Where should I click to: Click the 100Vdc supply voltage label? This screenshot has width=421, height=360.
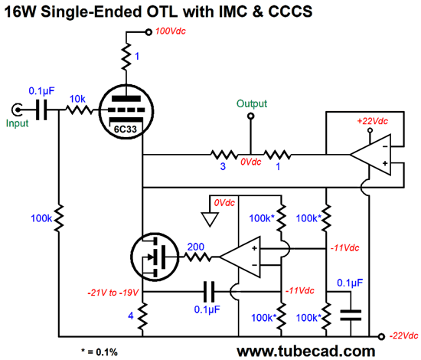pyautogui.click(x=171, y=31)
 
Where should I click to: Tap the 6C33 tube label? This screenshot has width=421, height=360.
pyautogui.click(x=126, y=129)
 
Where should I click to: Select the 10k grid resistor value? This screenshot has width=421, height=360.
pyautogui.click(x=77, y=99)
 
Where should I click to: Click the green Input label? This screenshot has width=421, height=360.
pyautogui.click(x=17, y=123)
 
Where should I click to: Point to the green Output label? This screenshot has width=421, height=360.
pyautogui.click(x=252, y=103)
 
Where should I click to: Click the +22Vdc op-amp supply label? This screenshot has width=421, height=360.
pyautogui.click(x=373, y=121)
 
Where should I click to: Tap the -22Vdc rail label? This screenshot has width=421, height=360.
pyautogui.click(x=403, y=335)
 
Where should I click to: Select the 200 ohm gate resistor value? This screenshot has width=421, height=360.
pyautogui.click(x=195, y=247)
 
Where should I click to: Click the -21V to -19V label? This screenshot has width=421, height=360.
pyautogui.click(x=113, y=293)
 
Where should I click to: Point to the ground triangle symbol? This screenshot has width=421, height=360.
pyautogui.click(x=210, y=219)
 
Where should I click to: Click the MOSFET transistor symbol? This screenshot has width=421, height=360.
pyautogui.click(x=155, y=257)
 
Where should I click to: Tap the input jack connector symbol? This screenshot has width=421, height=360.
pyautogui.click(x=17, y=110)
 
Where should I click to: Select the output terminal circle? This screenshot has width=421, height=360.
pyautogui.click(x=251, y=116)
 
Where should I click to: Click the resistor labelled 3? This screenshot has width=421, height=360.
pyautogui.click(x=224, y=155)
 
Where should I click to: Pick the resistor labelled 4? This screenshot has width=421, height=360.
pyautogui.click(x=142, y=316)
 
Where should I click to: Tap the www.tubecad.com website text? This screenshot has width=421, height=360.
pyautogui.click(x=306, y=351)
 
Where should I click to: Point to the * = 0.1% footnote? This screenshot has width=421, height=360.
pyautogui.click(x=100, y=352)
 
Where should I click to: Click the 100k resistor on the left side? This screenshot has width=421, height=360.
pyautogui.click(x=58, y=218)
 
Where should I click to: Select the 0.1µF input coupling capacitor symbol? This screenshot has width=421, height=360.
pyautogui.click(x=41, y=110)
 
